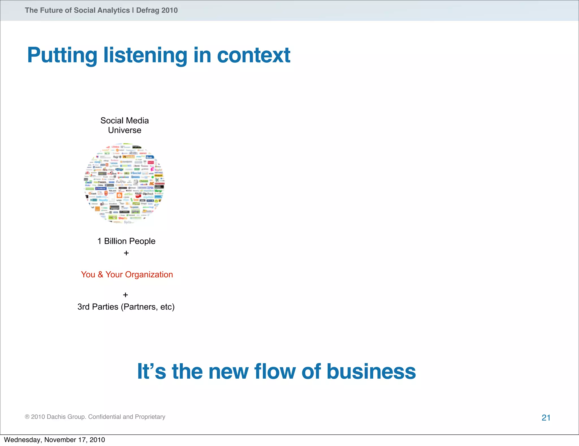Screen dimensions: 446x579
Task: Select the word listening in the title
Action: point(145,55)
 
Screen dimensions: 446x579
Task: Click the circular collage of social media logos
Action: point(124,183)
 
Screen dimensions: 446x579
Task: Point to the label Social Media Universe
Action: point(124,125)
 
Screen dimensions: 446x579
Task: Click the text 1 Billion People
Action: point(126,241)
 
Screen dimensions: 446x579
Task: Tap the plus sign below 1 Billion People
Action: point(126,253)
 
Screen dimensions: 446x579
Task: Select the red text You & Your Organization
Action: point(127,275)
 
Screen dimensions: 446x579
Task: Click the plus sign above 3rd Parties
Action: point(126,295)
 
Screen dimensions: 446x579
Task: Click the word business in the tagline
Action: point(371,371)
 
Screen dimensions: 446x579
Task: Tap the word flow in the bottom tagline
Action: point(275,371)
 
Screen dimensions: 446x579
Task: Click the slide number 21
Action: point(546,418)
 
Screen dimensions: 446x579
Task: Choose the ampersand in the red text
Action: point(100,275)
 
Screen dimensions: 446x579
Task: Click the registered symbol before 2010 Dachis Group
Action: point(27,417)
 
